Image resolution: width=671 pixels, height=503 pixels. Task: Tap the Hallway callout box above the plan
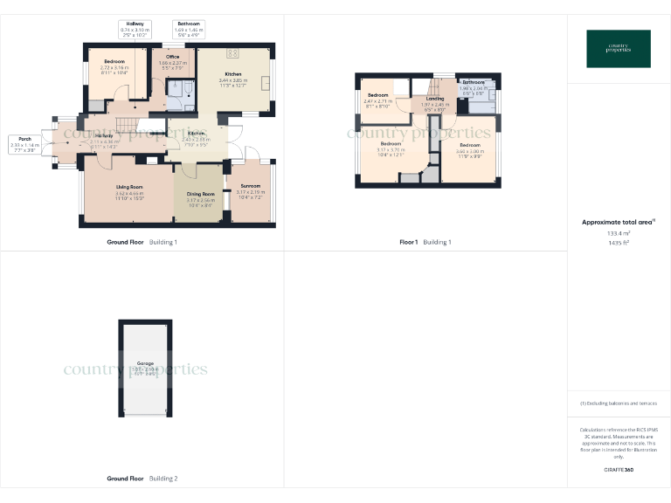pyautogui.click(x=135, y=28)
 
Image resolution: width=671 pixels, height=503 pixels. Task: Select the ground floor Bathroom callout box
pyautogui.click(x=189, y=28)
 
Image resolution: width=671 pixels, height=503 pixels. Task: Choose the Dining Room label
pyautogui.click(x=200, y=196)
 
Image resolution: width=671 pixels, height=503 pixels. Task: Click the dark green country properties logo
pyautogui.click(x=618, y=49)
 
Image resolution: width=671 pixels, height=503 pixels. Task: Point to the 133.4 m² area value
pyautogui.click(x=618, y=233)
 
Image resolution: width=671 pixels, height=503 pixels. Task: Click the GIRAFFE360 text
pyautogui.click(x=618, y=471)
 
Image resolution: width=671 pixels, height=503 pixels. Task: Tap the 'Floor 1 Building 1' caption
pyautogui.click(x=425, y=242)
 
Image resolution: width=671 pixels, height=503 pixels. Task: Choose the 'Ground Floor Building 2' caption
pyautogui.click(x=142, y=479)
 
